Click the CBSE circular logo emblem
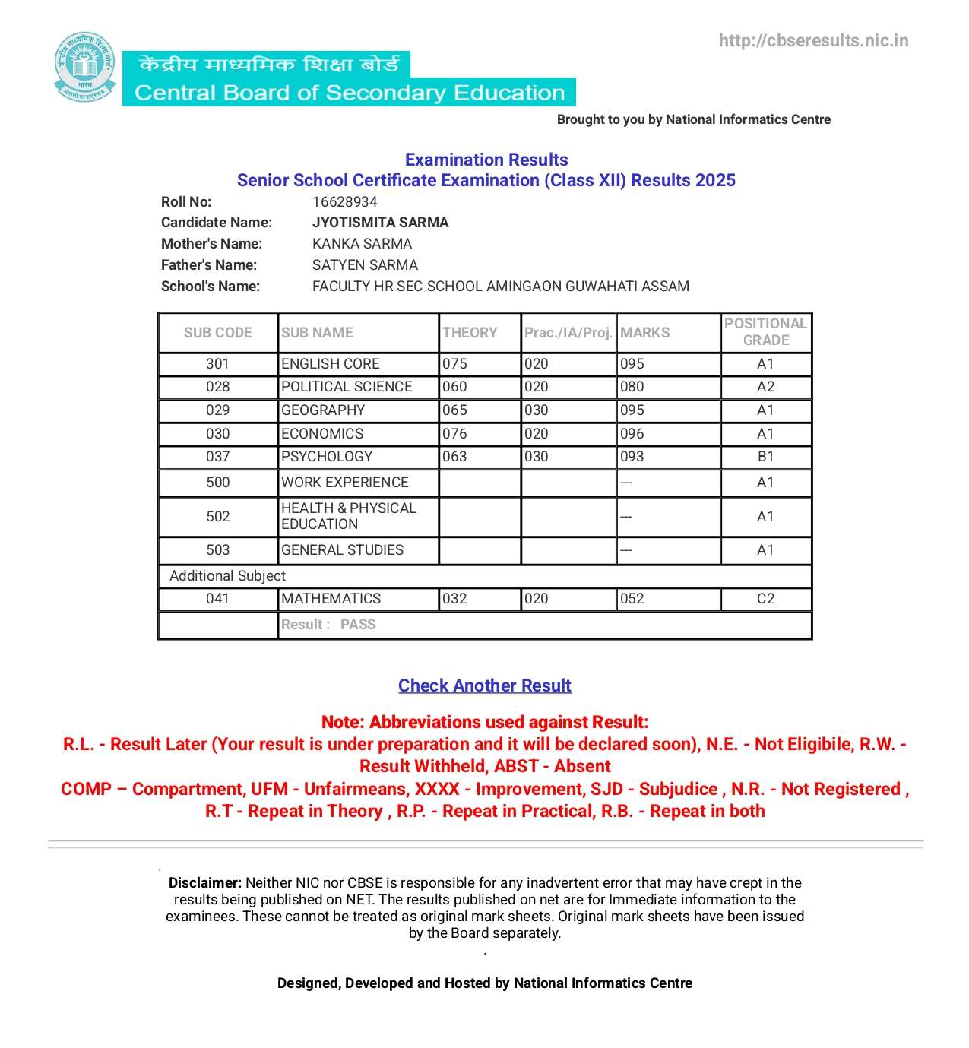pyautogui.click(x=85, y=67)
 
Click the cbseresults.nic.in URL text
pyautogui.click(x=813, y=40)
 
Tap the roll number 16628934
pyautogui.click(x=344, y=201)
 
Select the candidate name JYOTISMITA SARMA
pyautogui.click(x=380, y=222)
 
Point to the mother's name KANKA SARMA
pyautogui.click(x=362, y=243)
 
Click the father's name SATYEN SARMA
pyautogui.click(x=365, y=264)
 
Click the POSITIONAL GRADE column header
pyautogui.click(x=765, y=332)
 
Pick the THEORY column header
pyautogui.click(x=470, y=332)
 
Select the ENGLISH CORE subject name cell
pyautogui.click(x=331, y=364)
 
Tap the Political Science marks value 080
pyautogui.click(x=632, y=387)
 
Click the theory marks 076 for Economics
pyautogui.click(x=454, y=433)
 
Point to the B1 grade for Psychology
pyautogui.click(x=765, y=457)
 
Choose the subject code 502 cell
pyautogui.click(x=217, y=517)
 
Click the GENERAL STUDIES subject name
pyautogui.click(x=342, y=549)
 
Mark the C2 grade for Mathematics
pyautogui.click(x=765, y=599)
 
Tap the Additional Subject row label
pyautogui.click(x=227, y=575)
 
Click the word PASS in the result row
pyautogui.click(x=358, y=625)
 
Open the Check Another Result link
pyautogui.click(x=484, y=685)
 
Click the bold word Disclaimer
pyautogui.click(x=204, y=882)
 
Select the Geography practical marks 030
pyautogui.click(x=536, y=410)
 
